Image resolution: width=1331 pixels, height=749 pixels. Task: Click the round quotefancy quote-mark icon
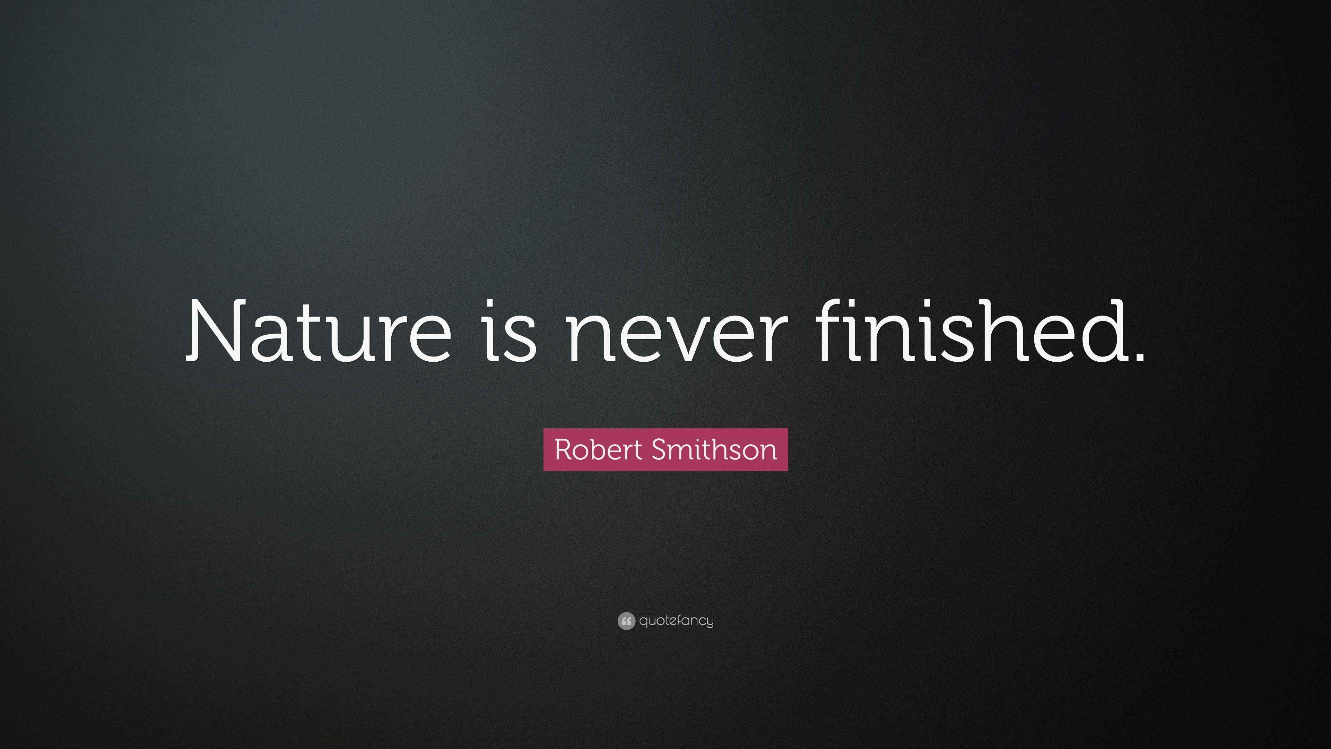pyautogui.click(x=626, y=621)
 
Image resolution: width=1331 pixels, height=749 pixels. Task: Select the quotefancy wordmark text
pyautogui.click(x=676, y=621)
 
